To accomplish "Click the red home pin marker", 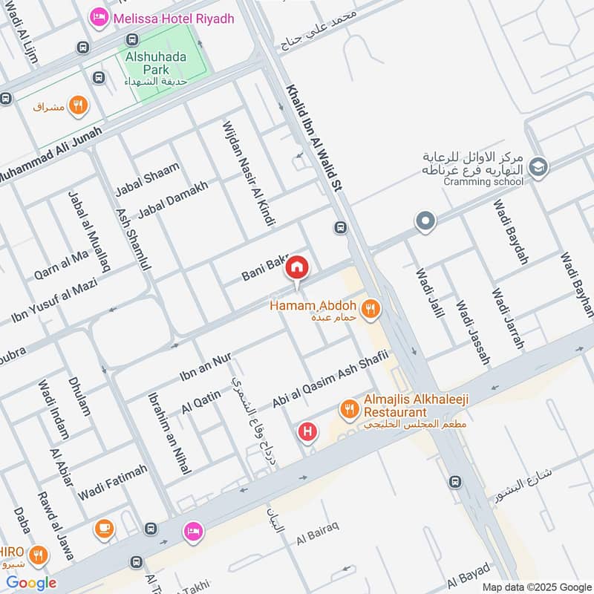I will (297, 267).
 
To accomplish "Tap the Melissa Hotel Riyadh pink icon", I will (97, 16).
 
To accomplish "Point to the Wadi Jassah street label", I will (473, 332).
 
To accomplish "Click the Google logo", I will (31, 583).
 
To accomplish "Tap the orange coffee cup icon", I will (104, 529).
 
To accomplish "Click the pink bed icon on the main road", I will (193, 532).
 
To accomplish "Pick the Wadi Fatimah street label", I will (113, 480).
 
